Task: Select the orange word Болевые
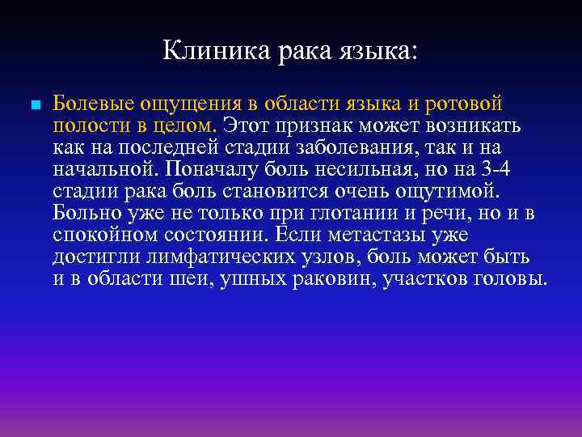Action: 94,104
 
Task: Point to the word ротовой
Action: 465,104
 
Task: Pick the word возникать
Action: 473,126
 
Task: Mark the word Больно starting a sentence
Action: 85,214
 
